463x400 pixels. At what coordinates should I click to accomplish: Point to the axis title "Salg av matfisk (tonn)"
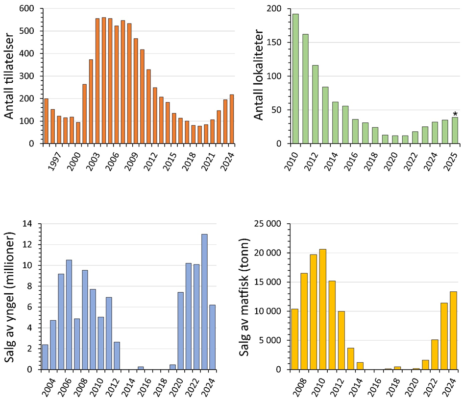[x=244, y=296]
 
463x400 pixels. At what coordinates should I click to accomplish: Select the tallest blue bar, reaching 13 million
[x=204, y=302]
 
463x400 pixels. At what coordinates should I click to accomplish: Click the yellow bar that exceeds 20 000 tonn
[x=322, y=309]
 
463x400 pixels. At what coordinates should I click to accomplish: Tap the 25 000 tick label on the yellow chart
[x=268, y=224]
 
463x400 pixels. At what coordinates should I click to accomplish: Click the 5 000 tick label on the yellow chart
[x=272, y=340]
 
